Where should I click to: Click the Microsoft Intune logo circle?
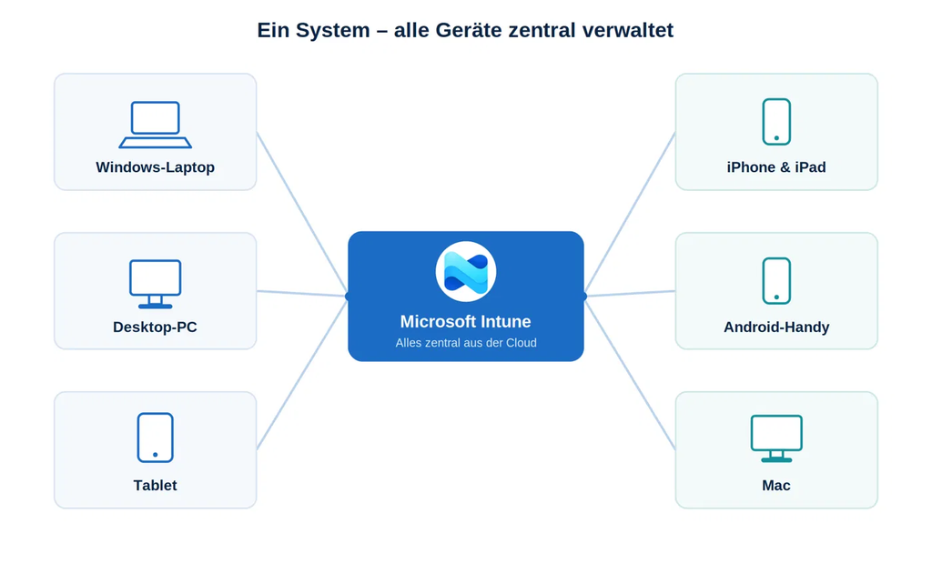pyautogui.click(x=465, y=272)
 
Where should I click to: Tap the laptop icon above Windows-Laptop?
pyautogui.click(x=155, y=125)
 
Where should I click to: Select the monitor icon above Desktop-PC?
pyautogui.click(x=155, y=284)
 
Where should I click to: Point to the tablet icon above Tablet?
pyautogui.click(x=155, y=438)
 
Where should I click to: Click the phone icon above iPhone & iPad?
pyautogui.click(x=776, y=122)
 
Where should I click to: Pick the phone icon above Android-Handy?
pyautogui.click(x=776, y=281)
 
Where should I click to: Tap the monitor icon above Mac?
pyautogui.click(x=776, y=438)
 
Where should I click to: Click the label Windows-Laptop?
pyautogui.click(x=155, y=167)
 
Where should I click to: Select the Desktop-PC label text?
pyautogui.click(x=155, y=327)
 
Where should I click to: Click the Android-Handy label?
pyautogui.click(x=776, y=327)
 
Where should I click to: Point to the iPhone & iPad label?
pyautogui.click(x=776, y=167)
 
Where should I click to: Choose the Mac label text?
pyautogui.click(x=776, y=486)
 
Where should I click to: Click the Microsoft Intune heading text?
pyautogui.click(x=465, y=321)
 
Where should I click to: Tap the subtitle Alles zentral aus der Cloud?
pyautogui.click(x=466, y=343)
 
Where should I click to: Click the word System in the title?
pyautogui.click(x=333, y=30)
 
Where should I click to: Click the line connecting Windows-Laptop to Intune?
pyautogui.click(x=302, y=212)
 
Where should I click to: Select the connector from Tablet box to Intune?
pyautogui.click(x=302, y=375)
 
